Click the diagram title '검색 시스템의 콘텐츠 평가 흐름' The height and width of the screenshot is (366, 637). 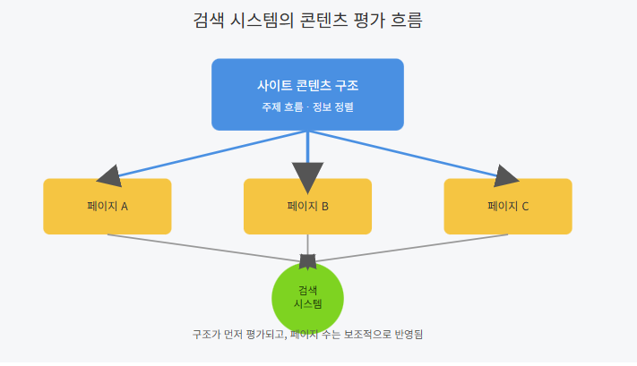coord(307,20)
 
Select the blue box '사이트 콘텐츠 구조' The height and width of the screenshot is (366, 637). coord(307,94)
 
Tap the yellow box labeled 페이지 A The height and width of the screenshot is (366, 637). coord(108,207)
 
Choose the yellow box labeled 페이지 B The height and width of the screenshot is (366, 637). coord(307,207)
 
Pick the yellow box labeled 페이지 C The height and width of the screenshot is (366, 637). coord(508,207)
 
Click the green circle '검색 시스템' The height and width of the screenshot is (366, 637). coord(307,297)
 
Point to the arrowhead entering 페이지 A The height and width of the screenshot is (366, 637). coord(110,174)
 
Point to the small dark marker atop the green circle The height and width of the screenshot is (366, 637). coord(307,261)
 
